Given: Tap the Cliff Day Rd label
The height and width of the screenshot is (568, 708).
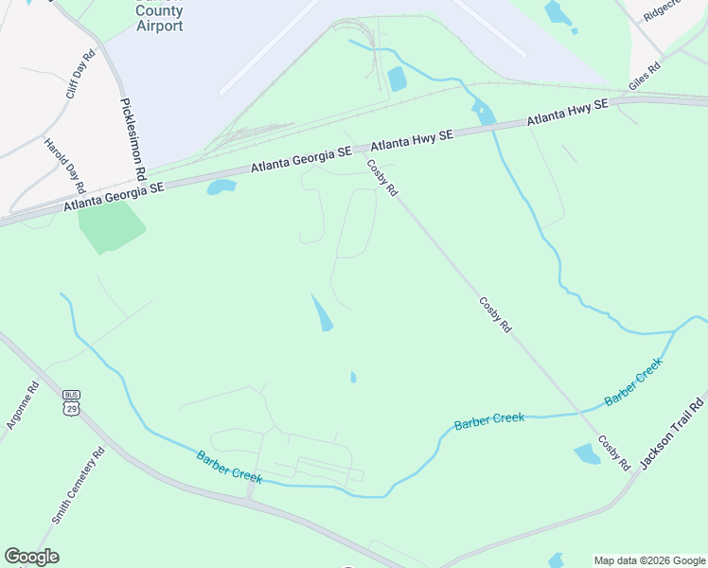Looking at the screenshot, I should pos(82,75).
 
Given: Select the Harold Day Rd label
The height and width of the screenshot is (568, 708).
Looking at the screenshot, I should pos(65,165).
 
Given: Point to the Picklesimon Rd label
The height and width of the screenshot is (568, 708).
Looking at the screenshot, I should pos(133,139).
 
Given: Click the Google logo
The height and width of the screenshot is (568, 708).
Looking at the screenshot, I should pos(32,557).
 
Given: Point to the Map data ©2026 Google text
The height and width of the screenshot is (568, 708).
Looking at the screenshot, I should pos(650,561).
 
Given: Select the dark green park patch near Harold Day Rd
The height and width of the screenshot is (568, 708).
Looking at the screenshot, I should pos(111,226).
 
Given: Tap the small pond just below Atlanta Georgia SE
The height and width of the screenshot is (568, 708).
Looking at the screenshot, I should pos(221,186).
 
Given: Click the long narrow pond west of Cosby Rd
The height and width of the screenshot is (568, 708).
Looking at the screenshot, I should pos(322,312).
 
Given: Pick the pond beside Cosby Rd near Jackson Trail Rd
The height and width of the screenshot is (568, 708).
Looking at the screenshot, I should pos(587,453).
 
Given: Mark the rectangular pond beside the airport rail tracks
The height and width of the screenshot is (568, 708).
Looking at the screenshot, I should pos(397,79).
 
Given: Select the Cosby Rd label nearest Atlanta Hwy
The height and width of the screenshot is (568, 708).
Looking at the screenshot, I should pos(382,177).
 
